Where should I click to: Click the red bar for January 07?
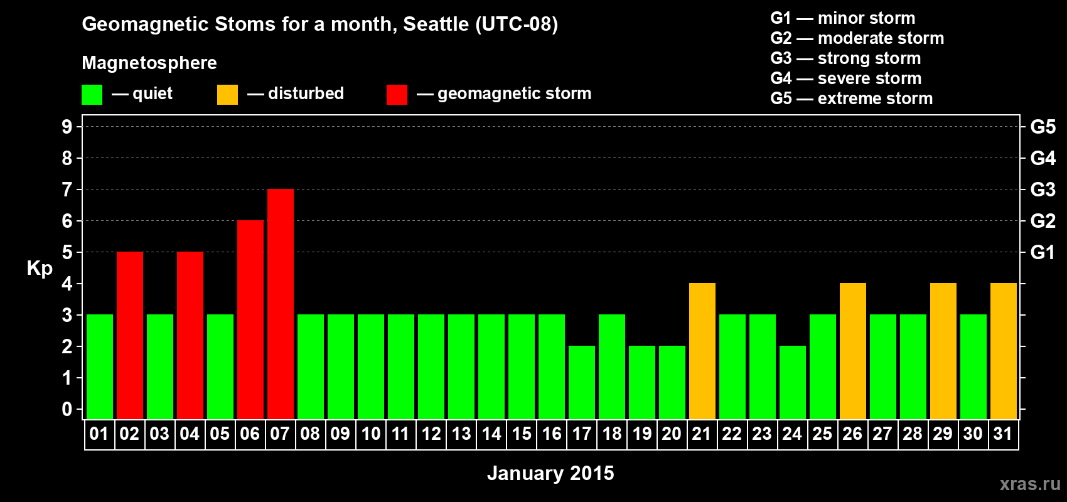coord(281,304)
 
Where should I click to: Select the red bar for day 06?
coord(250,319)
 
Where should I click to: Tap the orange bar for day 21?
coord(702,351)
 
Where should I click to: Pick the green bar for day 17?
coord(582,382)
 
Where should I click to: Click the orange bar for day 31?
coord(1004,351)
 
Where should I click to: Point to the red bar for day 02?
coord(130,335)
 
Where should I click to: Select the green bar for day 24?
coord(793,382)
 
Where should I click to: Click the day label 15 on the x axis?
coord(522,434)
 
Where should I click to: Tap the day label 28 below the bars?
coord(913,434)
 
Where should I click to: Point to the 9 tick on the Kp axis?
coord(67,127)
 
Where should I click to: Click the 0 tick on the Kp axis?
coord(67,410)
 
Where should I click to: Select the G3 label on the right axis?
coord(1043,190)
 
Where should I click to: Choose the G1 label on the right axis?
coord(1043,252)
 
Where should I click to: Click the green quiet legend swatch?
coord(92,94)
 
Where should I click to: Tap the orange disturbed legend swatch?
coord(227,94)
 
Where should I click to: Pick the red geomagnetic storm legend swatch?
coord(397,94)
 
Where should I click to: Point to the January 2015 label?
coord(550,473)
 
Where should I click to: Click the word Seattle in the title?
coord(436,24)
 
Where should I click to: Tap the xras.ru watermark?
coord(1030,484)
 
